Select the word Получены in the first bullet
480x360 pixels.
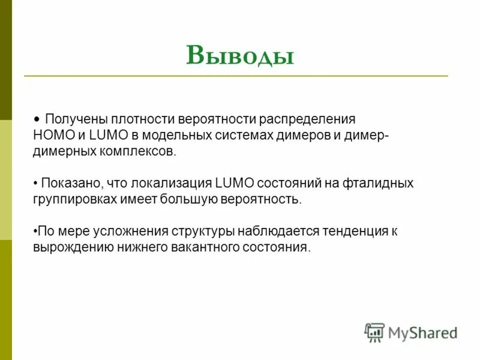tap(73, 119)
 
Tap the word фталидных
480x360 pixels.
tap(379, 183)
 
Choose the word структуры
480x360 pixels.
tap(202, 232)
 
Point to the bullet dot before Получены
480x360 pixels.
tap(37, 119)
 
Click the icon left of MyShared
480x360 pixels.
tap(374, 332)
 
